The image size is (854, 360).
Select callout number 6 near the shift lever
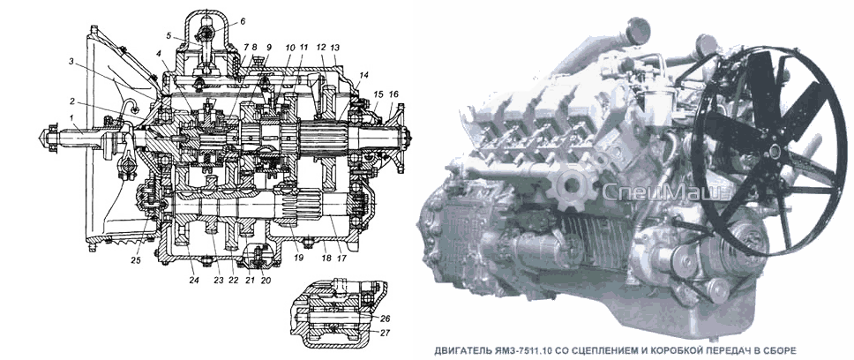tap(243, 22)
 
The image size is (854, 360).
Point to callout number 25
tap(136, 260)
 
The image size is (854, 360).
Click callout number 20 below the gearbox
tap(266, 281)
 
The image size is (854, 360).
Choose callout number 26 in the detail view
tap(386, 318)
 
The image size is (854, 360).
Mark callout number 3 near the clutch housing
tap(71, 62)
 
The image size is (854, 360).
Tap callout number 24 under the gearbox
tap(194, 281)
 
